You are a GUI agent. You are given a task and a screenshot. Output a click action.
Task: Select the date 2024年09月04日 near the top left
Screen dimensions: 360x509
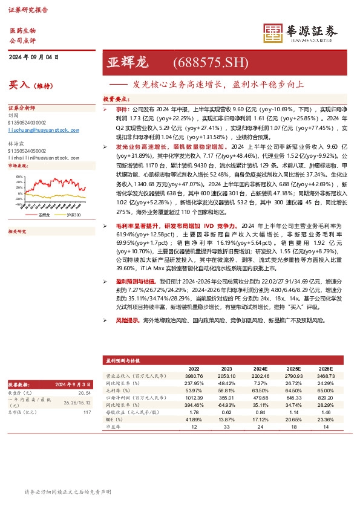(x=34, y=57)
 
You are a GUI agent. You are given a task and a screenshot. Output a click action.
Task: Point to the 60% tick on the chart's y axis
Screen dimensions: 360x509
(x=19, y=176)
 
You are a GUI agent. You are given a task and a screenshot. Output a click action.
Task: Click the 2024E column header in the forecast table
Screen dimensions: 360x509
(x=261, y=368)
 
